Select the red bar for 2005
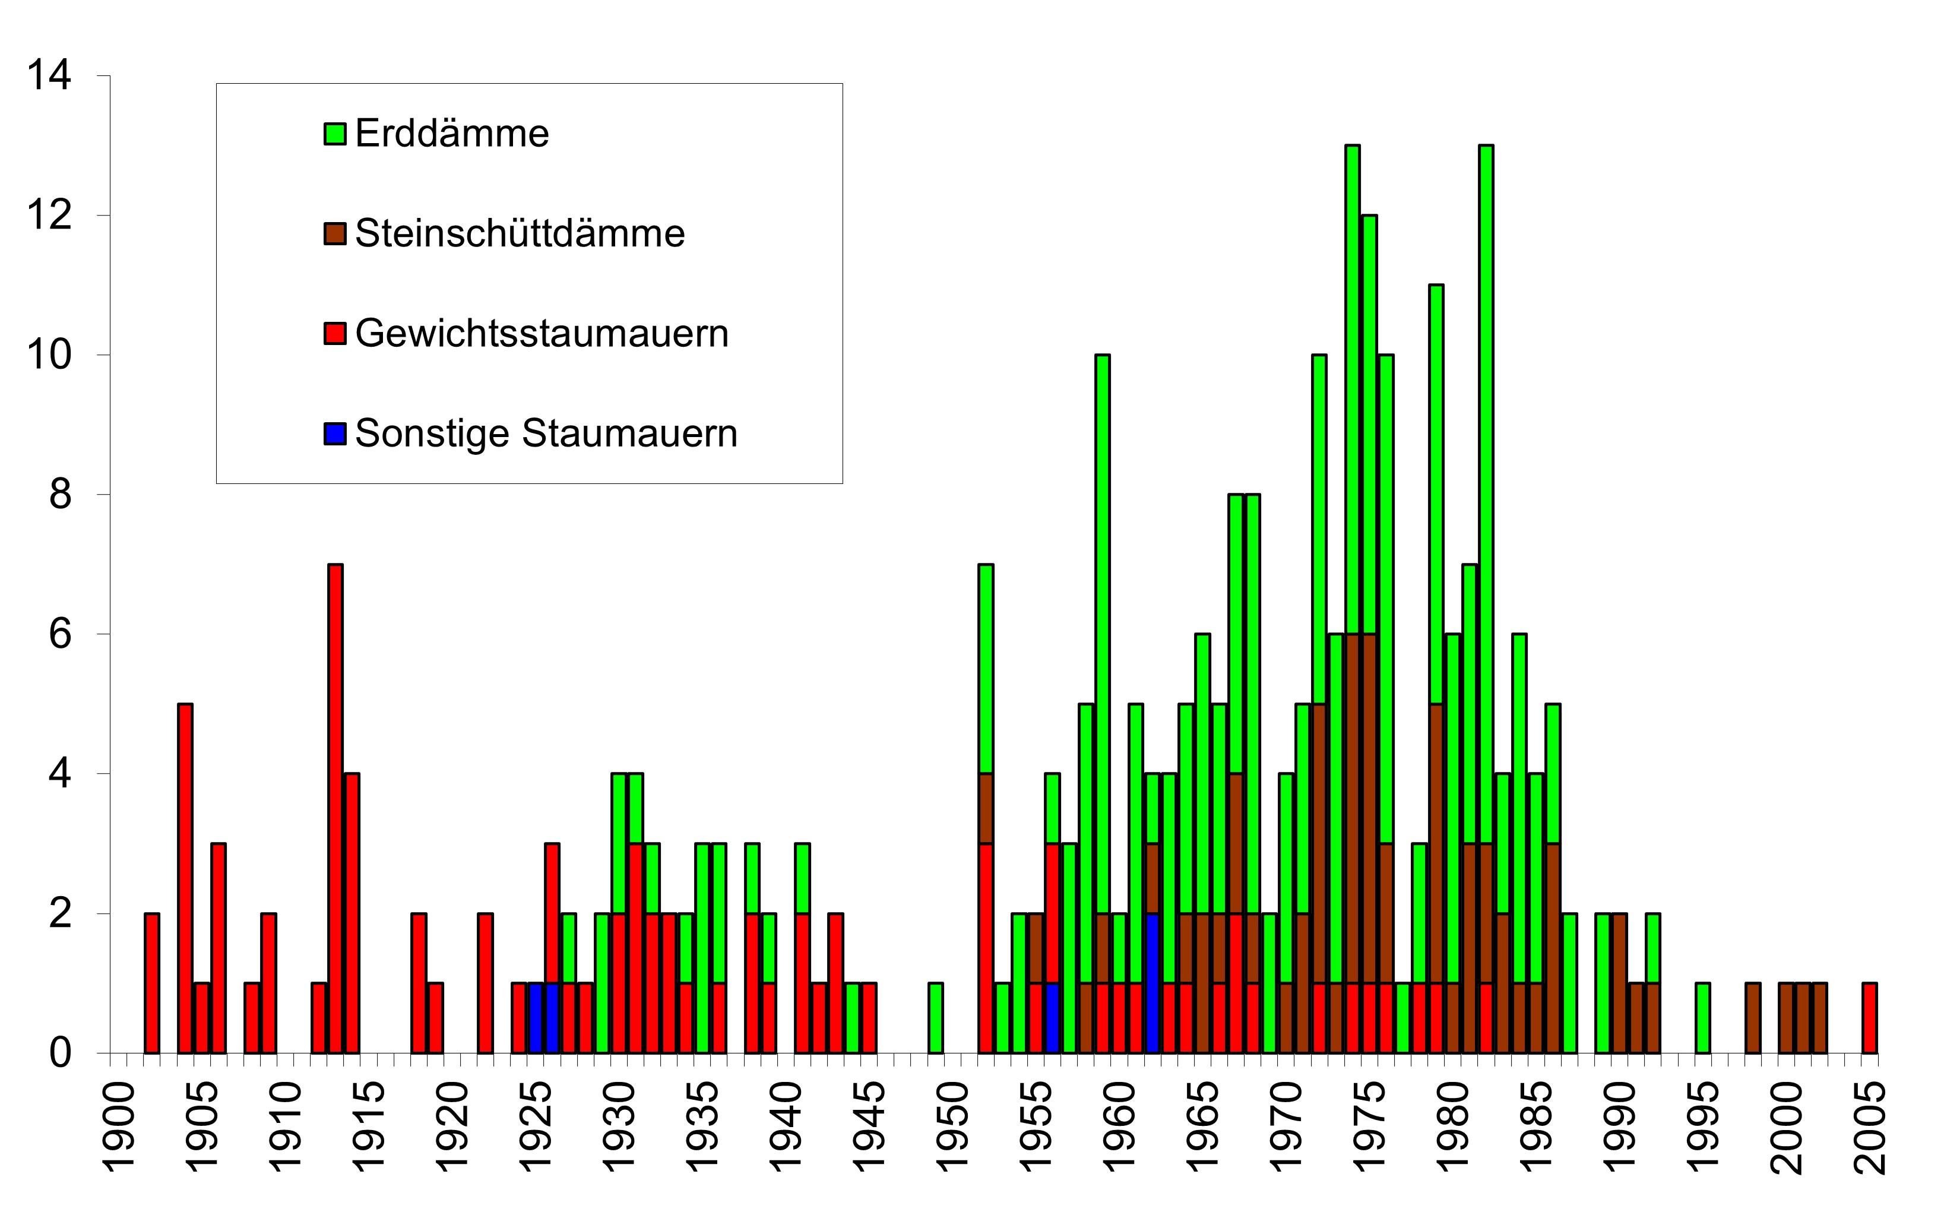coord(1870,1017)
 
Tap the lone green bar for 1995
coord(1703,1017)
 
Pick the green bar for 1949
coord(935,1017)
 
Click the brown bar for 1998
coord(1752,1017)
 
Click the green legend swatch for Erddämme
coord(335,134)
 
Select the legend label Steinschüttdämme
coord(520,234)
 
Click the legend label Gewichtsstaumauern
coord(542,334)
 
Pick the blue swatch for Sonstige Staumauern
coord(335,433)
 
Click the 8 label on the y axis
coord(60,495)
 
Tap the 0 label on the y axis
coord(60,1052)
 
